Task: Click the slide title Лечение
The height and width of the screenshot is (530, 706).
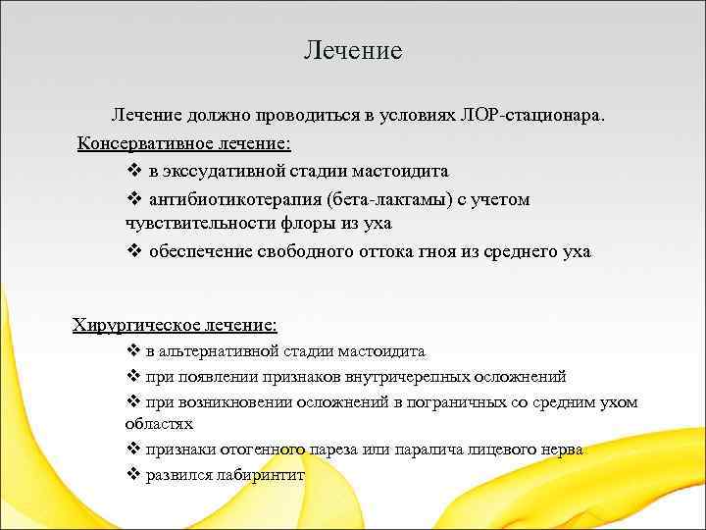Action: pyautogui.click(x=353, y=50)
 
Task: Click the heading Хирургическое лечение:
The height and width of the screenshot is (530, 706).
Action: pyautogui.click(x=176, y=324)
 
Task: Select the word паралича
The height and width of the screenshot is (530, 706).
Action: pyautogui.click(x=425, y=450)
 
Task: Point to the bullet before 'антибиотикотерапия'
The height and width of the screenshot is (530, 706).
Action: pyautogui.click(x=134, y=199)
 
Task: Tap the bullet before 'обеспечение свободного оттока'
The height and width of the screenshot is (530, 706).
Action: pyautogui.click(x=134, y=251)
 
